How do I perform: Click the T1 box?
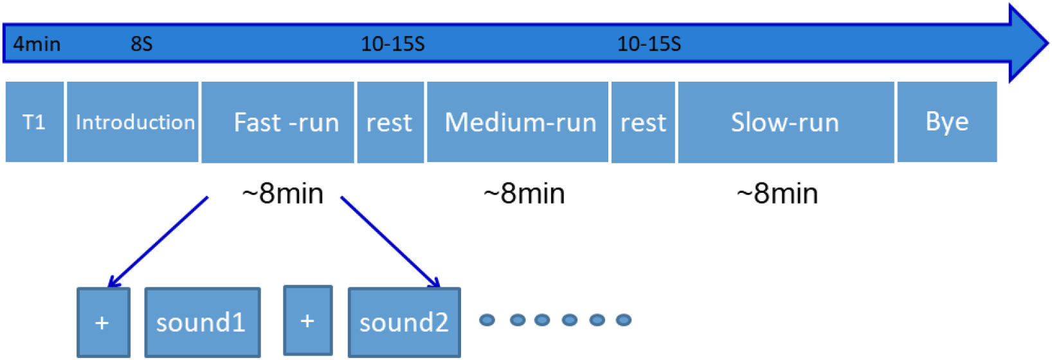tap(35, 122)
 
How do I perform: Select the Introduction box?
tap(133, 122)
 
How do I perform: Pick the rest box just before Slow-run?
tap(643, 122)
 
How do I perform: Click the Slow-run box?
tap(786, 122)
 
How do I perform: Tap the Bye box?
tap(947, 122)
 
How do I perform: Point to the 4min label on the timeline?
tap(37, 44)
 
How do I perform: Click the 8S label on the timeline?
tap(141, 44)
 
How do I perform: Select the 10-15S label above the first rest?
tap(392, 44)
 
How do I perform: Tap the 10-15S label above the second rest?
tap(649, 44)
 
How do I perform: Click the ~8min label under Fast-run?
tap(282, 194)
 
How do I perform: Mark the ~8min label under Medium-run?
tap(524, 194)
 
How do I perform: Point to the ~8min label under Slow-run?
tap(777, 194)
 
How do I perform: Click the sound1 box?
tap(202, 322)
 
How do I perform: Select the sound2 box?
tap(404, 322)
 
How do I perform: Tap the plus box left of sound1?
tap(103, 322)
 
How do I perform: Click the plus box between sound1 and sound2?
tap(308, 320)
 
